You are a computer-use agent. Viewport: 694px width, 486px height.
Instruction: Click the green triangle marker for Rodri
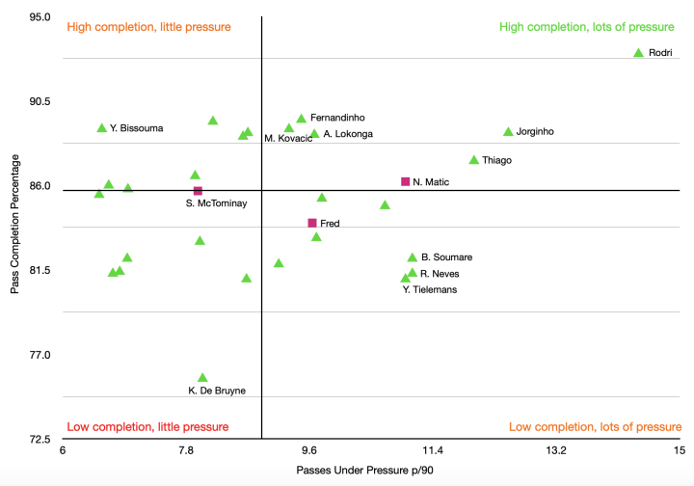(x=638, y=53)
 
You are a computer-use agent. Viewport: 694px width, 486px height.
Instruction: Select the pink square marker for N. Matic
(x=406, y=181)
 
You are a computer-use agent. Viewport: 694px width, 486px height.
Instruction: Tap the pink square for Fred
(x=312, y=223)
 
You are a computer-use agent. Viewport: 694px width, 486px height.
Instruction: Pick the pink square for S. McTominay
(x=198, y=191)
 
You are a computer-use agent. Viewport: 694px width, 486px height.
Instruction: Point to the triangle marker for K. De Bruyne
(x=202, y=378)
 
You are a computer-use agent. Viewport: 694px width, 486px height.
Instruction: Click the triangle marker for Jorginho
(x=508, y=132)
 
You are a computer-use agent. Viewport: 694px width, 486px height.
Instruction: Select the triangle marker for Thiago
(x=474, y=160)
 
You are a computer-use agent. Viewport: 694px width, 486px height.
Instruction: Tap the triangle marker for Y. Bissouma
(x=102, y=128)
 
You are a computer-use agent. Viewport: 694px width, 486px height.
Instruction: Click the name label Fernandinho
(x=337, y=118)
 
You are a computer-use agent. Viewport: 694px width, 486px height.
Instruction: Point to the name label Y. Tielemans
(x=430, y=289)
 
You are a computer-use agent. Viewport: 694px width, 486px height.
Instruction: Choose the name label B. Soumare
(x=446, y=257)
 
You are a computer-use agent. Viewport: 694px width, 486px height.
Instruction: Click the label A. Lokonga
(x=348, y=134)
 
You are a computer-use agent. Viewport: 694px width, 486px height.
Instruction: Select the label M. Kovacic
(x=288, y=139)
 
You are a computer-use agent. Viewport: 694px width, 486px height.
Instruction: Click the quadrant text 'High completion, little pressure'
(x=148, y=27)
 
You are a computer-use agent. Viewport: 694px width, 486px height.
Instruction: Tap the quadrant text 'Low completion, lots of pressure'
(x=595, y=426)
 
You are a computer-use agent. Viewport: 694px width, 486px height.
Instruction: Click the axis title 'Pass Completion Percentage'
(x=15, y=228)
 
